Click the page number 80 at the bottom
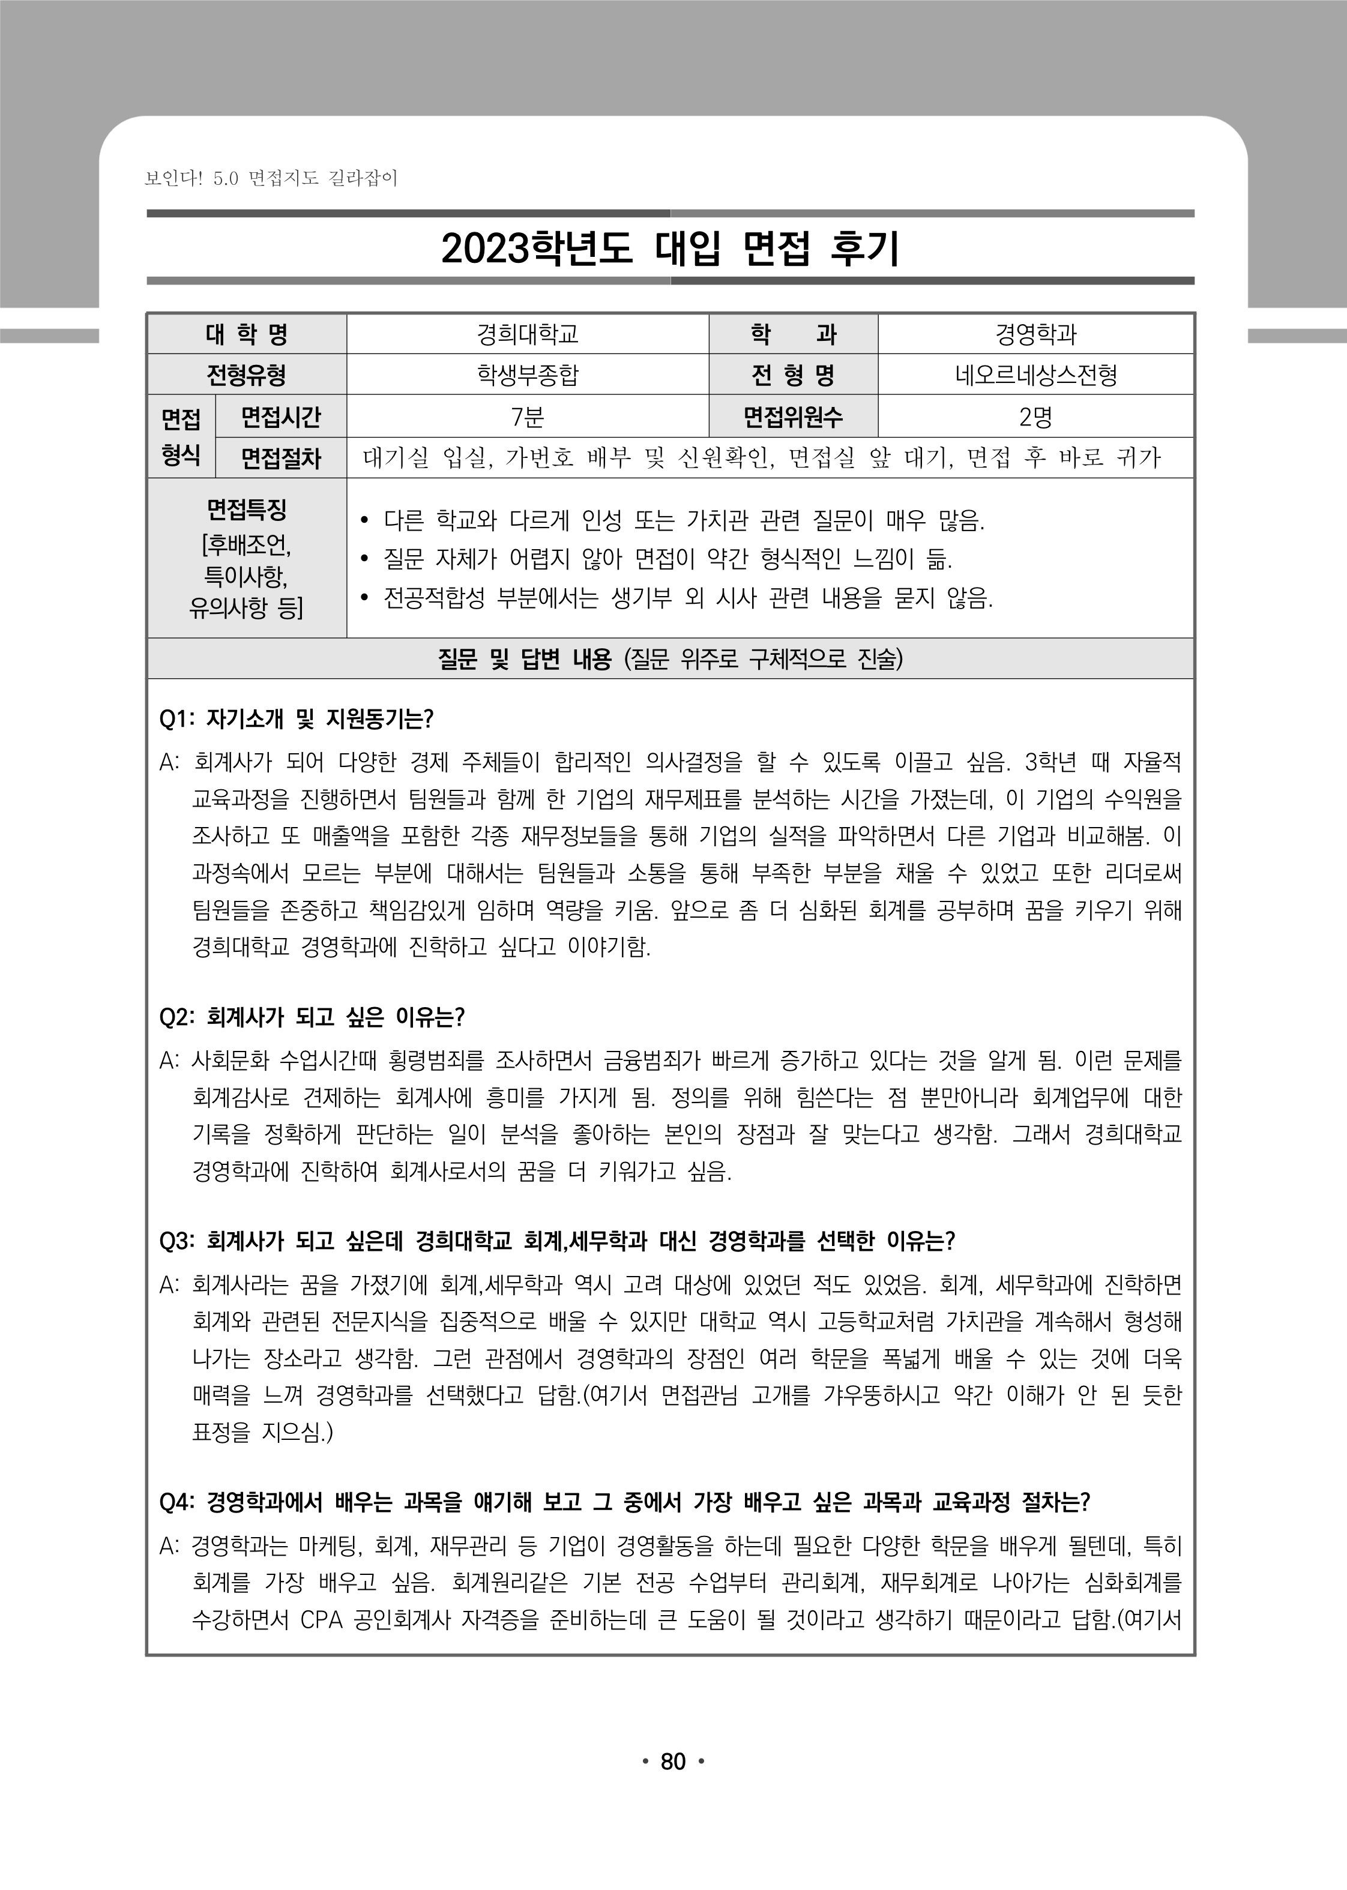[x=673, y=1784]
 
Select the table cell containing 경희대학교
[x=528, y=334]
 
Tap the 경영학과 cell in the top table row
[x=1035, y=334]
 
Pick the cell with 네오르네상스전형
[x=1035, y=376]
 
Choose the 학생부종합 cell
[x=528, y=376]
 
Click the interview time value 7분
[x=528, y=417]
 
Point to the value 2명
[x=1035, y=417]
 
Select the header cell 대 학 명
[x=246, y=334]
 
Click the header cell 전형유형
[x=246, y=376]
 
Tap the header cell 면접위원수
[x=793, y=417]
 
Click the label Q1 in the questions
[x=175, y=719]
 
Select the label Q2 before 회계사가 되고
[x=176, y=1017]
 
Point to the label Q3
[x=176, y=1241]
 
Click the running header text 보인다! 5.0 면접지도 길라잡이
[x=271, y=178]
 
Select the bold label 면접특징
[x=246, y=508]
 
